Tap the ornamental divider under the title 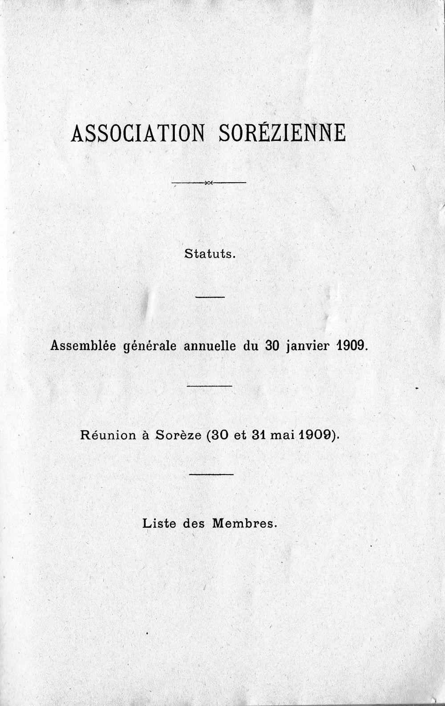click(x=209, y=183)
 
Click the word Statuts click(x=209, y=255)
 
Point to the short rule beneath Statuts click(x=210, y=297)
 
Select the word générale click(x=149, y=346)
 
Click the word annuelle click(x=210, y=346)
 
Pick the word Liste click(x=159, y=523)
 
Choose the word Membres click(x=244, y=523)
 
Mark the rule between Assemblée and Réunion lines click(x=210, y=386)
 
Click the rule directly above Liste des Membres click(x=211, y=475)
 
